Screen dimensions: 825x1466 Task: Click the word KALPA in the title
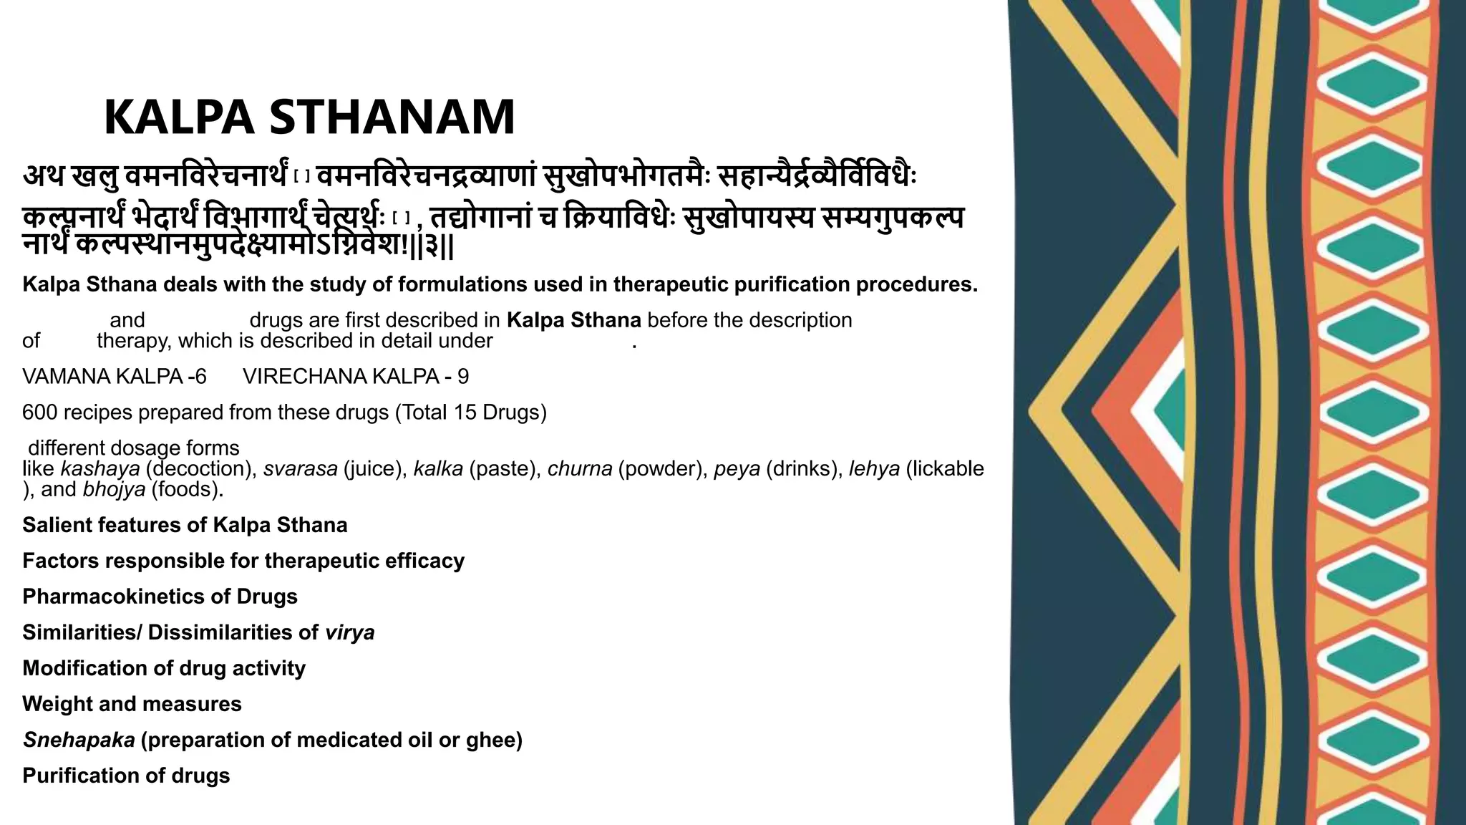[x=179, y=117]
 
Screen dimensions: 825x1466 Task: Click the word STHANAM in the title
[x=392, y=117]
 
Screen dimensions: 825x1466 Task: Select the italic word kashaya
[x=100, y=469]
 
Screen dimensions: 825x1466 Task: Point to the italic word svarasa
[x=300, y=469]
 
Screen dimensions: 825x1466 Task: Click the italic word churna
[x=580, y=469]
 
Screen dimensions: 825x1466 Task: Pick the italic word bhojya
[x=114, y=490]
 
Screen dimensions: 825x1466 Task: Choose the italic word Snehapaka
[x=79, y=740]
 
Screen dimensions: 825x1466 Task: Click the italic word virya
[x=349, y=632]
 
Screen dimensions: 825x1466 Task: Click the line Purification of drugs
[x=126, y=776]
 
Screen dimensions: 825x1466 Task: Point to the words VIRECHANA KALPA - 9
[x=356, y=377]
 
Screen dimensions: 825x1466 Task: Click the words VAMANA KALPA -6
[x=115, y=377]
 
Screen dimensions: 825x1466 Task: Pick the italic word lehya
[x=874, y=469]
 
